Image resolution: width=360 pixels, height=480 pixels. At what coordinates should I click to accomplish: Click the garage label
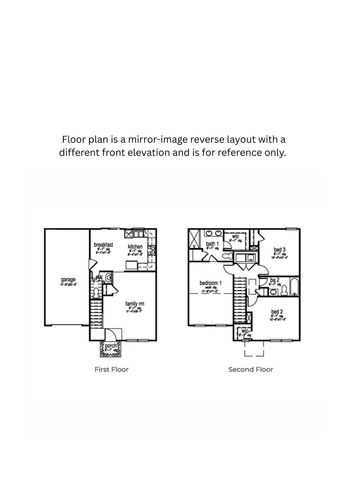69,281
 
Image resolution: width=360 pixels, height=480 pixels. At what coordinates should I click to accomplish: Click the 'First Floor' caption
111,369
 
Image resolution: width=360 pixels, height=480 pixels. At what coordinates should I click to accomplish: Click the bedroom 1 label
212,285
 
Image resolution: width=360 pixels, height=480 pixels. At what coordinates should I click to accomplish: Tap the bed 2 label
277,312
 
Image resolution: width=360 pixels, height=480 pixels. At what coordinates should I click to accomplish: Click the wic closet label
236,239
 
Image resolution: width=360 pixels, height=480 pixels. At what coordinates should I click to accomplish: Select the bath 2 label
273,281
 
